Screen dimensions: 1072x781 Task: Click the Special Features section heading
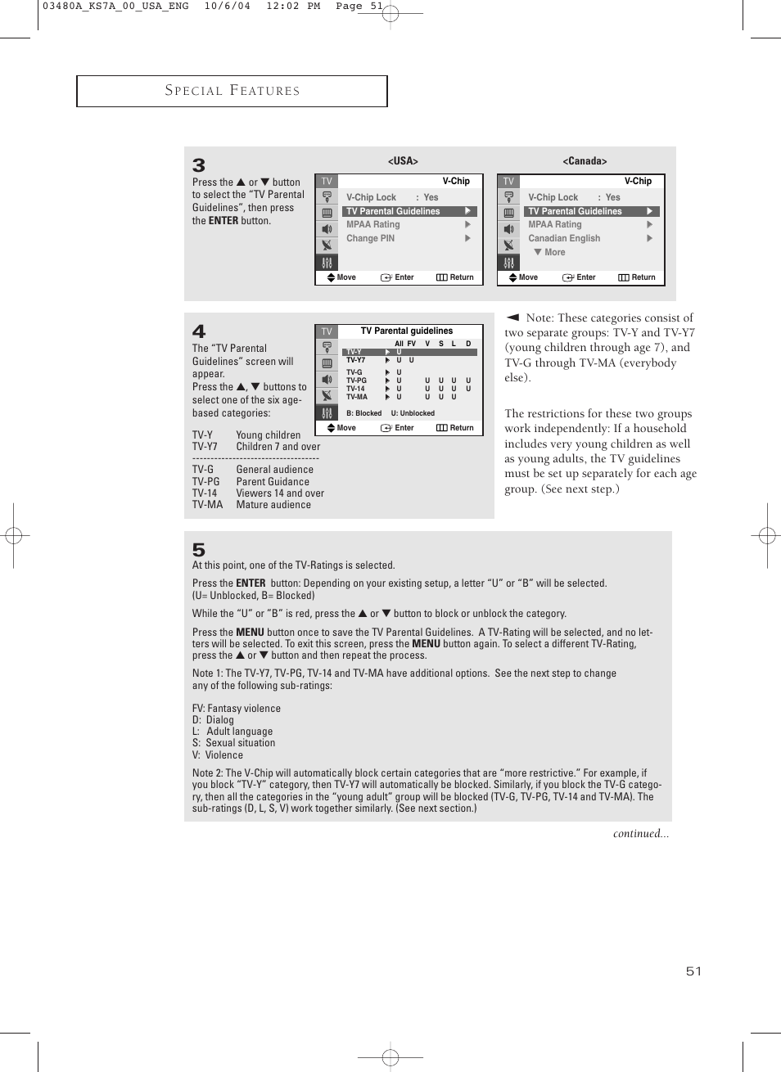point(232,91)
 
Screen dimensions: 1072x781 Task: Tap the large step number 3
point(199,166)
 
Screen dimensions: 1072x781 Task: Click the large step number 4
point(199,331)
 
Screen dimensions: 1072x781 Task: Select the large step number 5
point(199,550)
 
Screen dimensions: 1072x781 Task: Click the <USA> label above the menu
point(403,161)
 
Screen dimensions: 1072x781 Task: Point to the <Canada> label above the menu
point(585,161)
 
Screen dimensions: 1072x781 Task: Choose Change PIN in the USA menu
point(370,238)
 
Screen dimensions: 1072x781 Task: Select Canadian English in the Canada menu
point(564,238)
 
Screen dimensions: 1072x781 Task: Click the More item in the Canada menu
point(554,252)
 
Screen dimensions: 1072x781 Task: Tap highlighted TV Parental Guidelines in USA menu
point(393,211)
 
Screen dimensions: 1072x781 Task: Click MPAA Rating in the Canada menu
point(555,224)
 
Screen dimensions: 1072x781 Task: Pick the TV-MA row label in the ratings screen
point(356,397)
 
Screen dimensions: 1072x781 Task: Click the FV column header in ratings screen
point(412,344)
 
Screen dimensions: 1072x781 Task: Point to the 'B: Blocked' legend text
point(363,413)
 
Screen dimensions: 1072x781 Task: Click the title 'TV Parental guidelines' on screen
point(407,331)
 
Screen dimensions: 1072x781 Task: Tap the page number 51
point(693,971)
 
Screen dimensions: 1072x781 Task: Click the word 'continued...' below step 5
point(640,834)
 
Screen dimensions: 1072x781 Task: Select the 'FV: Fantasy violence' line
point(237,709)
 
